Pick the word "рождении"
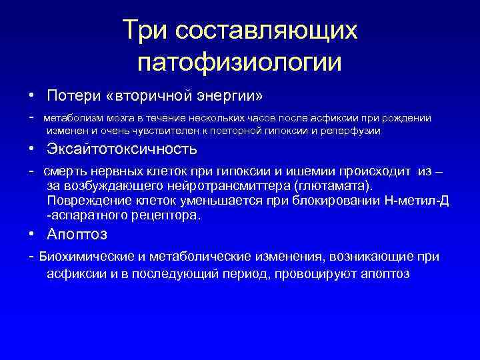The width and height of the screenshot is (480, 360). (407, 118)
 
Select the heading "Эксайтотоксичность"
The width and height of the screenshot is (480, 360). (122, 149)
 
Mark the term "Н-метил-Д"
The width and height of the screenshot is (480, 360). (419, 201)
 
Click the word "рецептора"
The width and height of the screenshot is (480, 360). (168, 215)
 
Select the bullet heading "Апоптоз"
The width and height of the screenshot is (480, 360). (77, 235)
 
